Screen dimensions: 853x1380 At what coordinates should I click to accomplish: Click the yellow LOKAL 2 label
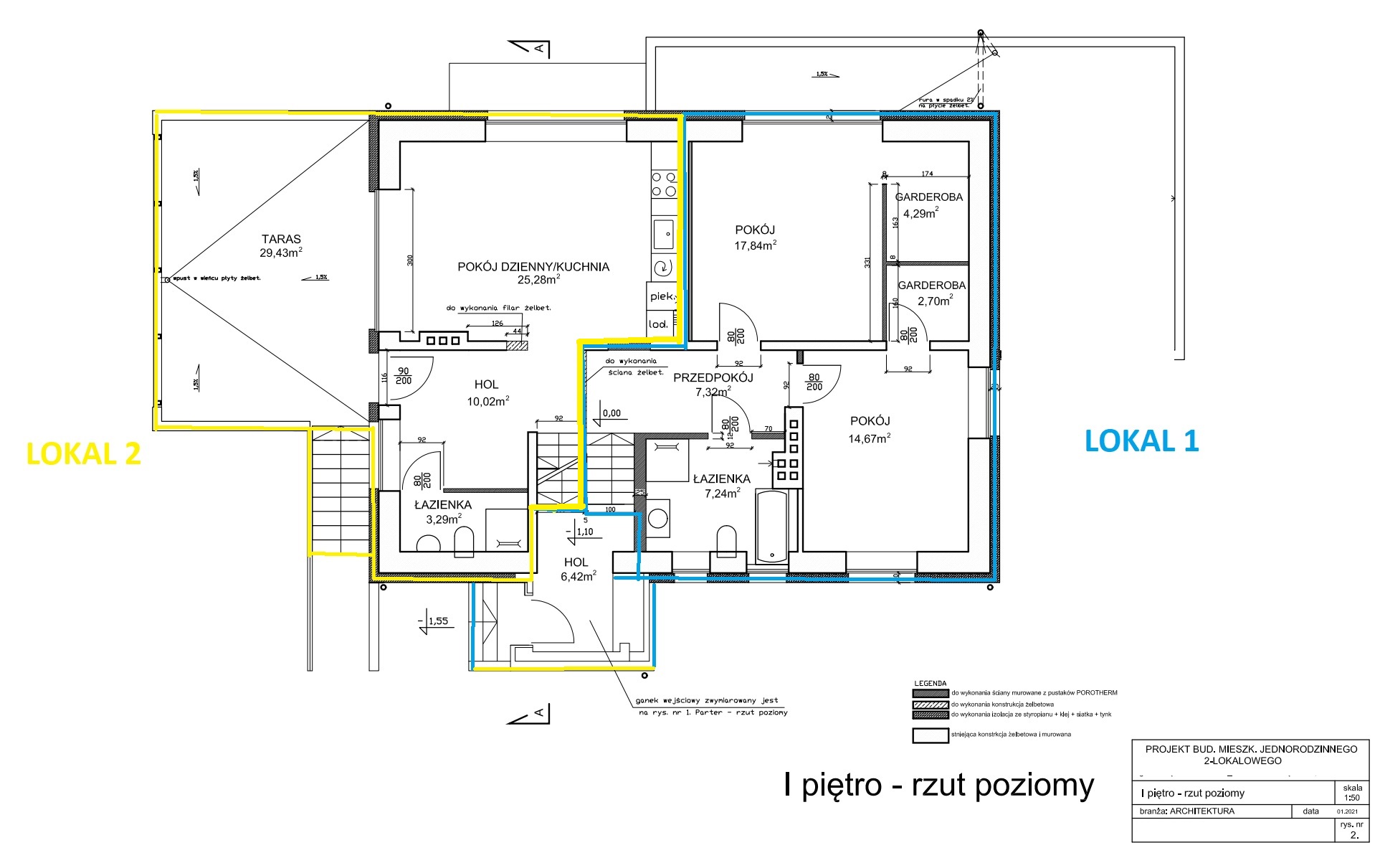83,453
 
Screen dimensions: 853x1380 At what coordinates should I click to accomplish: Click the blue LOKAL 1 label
1141,440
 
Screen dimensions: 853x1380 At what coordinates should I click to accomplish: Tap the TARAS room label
281,239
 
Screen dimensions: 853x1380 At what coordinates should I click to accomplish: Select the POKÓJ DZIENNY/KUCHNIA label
533,267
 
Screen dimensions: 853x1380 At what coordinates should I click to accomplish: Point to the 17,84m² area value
755,245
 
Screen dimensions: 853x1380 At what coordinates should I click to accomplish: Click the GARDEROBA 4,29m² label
928,197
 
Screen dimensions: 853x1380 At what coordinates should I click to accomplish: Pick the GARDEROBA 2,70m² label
931,286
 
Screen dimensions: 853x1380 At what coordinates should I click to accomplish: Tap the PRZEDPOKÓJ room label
713,377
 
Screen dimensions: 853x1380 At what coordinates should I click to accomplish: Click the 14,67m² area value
870,438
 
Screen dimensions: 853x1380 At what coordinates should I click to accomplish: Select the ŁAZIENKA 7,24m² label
721,479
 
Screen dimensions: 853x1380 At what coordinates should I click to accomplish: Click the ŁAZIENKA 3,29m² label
443,505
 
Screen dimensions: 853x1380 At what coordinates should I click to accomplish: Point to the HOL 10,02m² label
486,385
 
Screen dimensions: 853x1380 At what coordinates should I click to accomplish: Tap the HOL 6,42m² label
576,563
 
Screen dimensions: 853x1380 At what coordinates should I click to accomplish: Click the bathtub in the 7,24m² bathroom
771,526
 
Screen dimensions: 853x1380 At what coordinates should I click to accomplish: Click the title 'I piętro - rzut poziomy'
938,785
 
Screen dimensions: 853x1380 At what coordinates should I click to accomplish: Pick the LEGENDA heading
930,684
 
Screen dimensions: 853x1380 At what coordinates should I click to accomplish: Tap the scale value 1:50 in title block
1351,797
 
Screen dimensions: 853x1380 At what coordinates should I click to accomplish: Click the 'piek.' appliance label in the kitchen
662,296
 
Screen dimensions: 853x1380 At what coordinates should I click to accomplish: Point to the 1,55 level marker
438,621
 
